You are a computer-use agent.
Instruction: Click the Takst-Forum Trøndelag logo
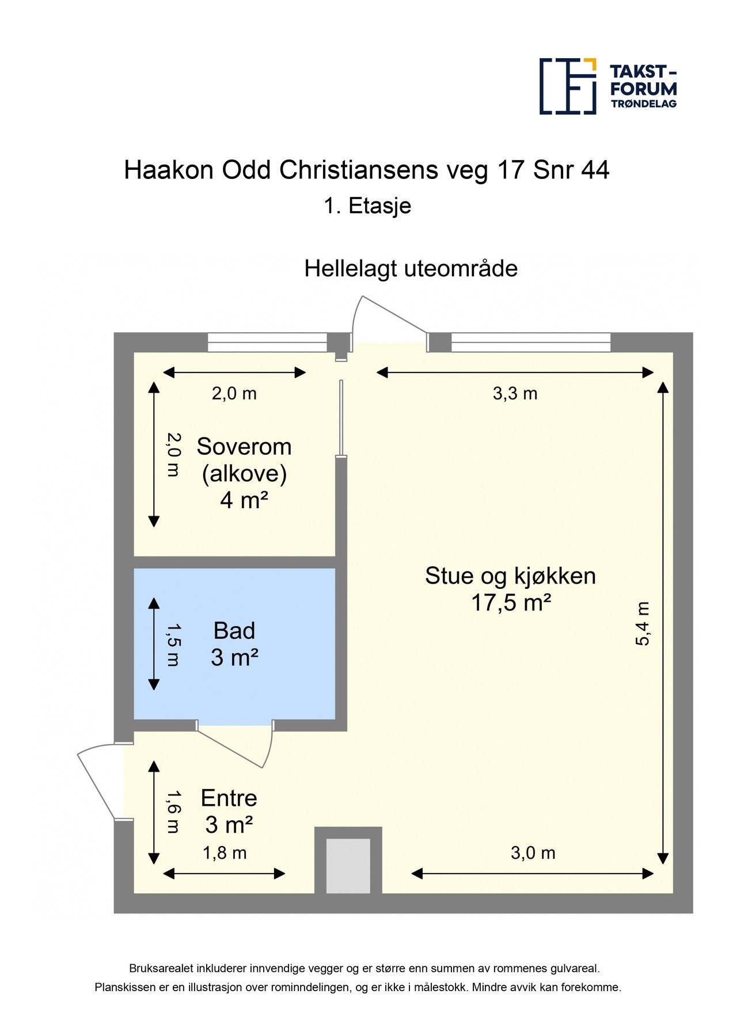point(607,86)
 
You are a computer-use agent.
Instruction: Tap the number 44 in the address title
point(595,170)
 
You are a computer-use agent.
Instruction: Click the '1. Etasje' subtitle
point(367,206)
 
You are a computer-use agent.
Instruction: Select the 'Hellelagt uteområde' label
point(411,269)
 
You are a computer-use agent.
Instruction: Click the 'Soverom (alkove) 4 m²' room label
point(244,473)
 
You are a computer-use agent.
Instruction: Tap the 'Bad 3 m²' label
point(234,644)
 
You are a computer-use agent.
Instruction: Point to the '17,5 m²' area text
point(511,603)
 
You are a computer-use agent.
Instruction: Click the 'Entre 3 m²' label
point(229,812)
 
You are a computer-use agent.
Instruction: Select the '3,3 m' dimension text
point(515,394)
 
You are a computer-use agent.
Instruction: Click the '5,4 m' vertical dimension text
point(643,623)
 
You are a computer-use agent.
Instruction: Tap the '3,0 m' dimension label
point(533,853)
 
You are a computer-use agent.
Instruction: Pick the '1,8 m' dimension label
point(225,853)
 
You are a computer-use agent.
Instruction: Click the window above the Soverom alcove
point(267,342)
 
